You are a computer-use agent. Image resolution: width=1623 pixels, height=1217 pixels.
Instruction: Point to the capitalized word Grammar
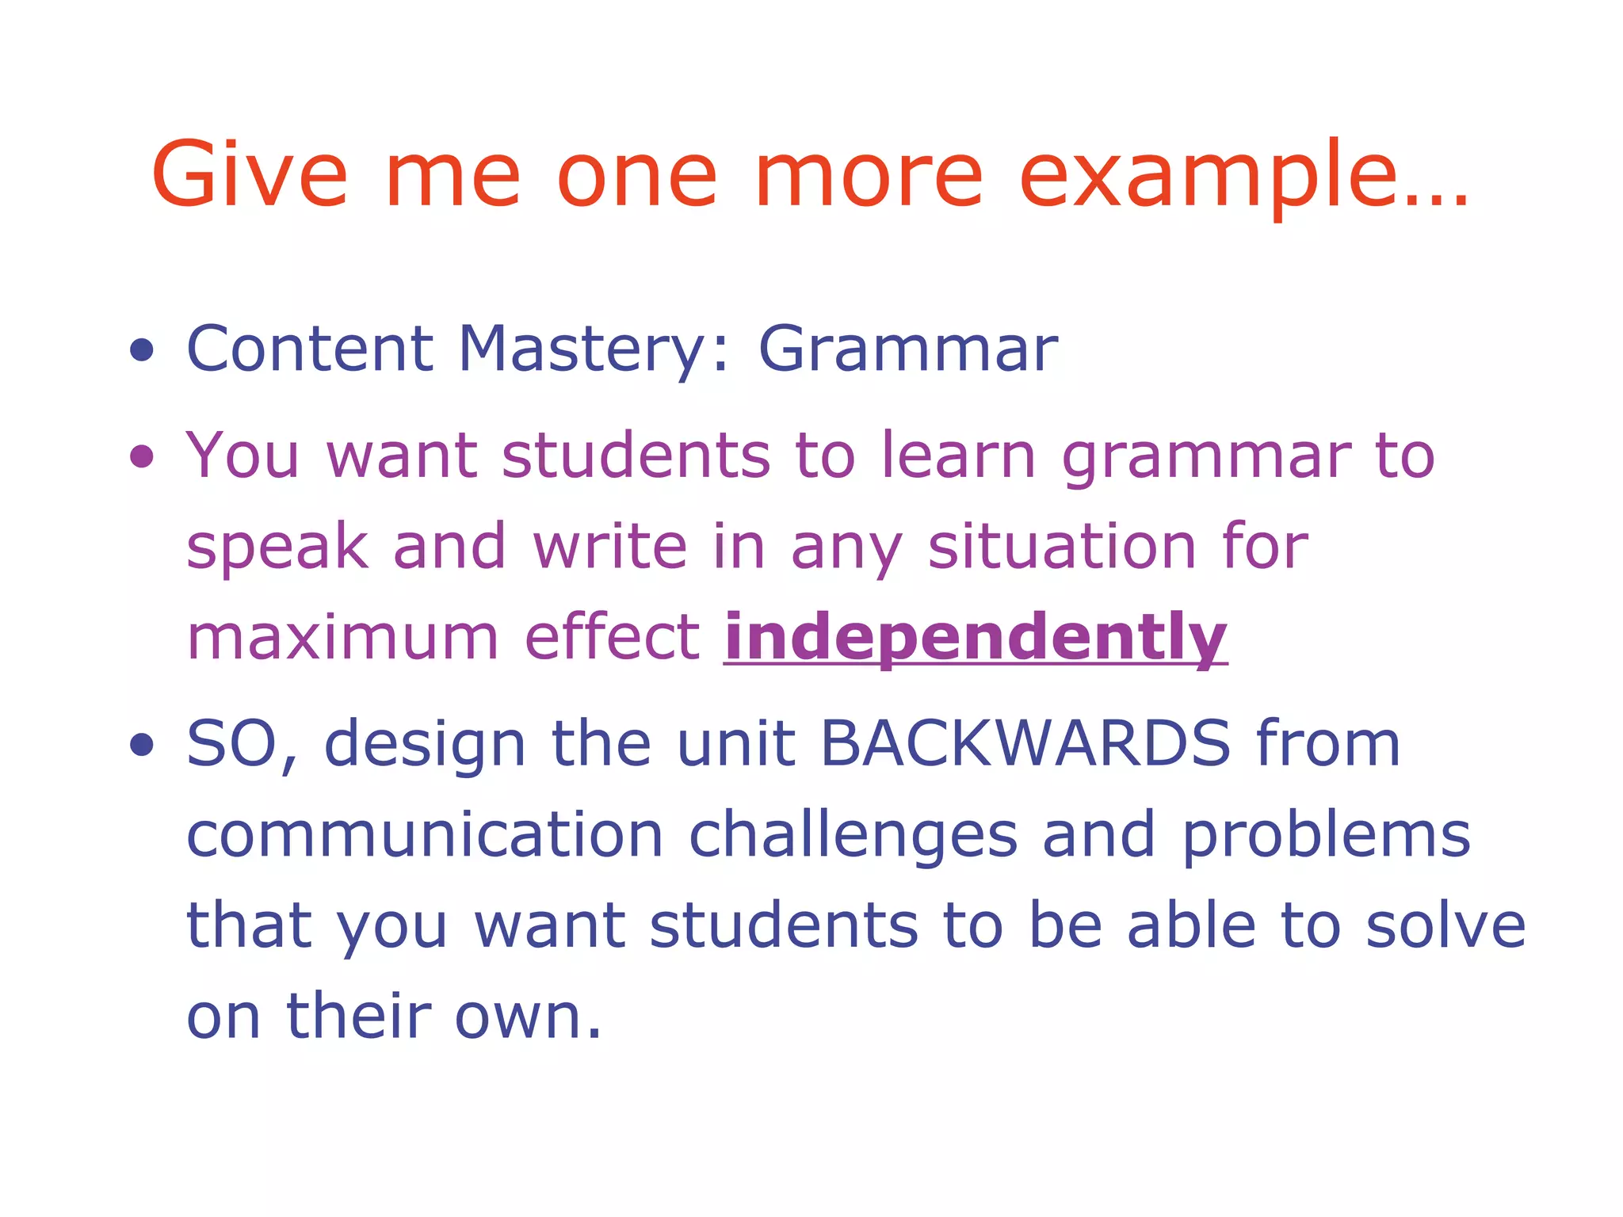tap(908, 351)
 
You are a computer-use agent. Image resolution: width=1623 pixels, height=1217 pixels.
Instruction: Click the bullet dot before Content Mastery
tap(142, 349)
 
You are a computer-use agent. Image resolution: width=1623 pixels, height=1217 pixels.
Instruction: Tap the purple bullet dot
tap(142, 456)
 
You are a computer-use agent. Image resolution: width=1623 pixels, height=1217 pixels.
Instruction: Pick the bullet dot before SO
tap(142, 745)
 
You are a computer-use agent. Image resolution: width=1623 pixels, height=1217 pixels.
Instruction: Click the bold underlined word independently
tap(976, 639)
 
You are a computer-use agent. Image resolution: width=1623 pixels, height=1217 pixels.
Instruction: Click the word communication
tap(425, 835)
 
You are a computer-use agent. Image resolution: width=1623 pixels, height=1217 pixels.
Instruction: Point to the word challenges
tap(853, 837)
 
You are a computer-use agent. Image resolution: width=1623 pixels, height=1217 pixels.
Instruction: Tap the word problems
tap(1326, 837)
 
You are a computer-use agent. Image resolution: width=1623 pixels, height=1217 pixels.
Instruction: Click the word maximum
tap(342, 639)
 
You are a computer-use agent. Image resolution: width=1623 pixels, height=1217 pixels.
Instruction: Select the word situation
tap(1062, 547)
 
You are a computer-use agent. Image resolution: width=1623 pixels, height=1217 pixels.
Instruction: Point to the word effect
tap(612, 637)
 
